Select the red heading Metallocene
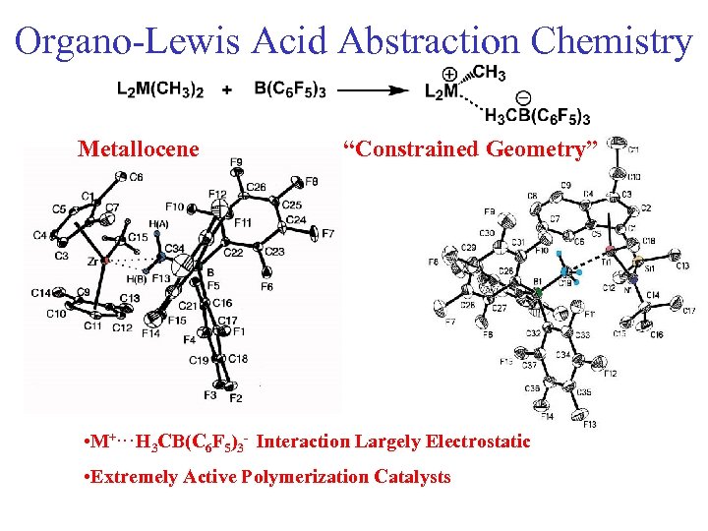tap(138, 149)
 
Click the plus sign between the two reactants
tap(227, 89)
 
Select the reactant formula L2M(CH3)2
tap(160, 89)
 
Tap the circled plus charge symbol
tap(449, 73)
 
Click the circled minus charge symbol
tap(522, 98)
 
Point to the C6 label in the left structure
tap(135, 177)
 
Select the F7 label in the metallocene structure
tap(328, 234)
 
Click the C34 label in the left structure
tap(174, 247)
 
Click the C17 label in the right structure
tap(688, 311)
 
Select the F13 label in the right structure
tap(589, 425)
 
